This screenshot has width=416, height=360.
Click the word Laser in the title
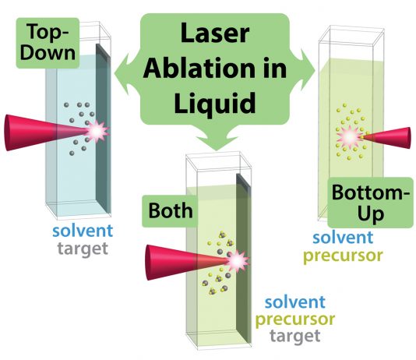(x=215, y=34)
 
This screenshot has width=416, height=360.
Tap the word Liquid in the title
(x=214, y=103)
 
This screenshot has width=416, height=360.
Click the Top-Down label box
(x=48, y=43)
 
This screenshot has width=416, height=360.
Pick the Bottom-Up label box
(x=370, y=203)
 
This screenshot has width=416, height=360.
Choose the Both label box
(x=170, y=211)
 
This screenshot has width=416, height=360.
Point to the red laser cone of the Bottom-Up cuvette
(x=387, y=138)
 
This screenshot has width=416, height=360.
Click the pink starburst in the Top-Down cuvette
(x=97, y=131)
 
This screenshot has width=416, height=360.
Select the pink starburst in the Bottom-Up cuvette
(x=349, y=136)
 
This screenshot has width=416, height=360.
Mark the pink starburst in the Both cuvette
(x=237, y=261)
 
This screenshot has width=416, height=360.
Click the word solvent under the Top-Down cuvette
(x=83, y=231)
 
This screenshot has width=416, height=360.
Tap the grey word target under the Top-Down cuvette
(x=83, y=249)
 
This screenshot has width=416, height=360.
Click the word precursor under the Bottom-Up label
(x=343, y=256)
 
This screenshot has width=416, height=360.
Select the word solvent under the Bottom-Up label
(x=343, y=238)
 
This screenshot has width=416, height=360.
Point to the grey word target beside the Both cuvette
(x=295, y=336)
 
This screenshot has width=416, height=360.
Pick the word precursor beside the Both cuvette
(x=295, y=319)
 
